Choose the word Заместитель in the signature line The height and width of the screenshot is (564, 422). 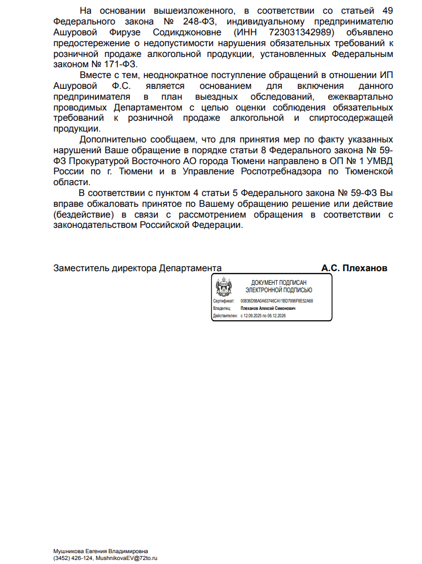pyautogui.click(x=81, y=268)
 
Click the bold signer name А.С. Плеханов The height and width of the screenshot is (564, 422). pyautogui.click(x=354, y=268)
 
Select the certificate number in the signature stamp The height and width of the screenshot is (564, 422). pyautogui.click(x=276, y=301)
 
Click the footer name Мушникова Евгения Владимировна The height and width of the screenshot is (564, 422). pyautogui.click(x=100, y=551)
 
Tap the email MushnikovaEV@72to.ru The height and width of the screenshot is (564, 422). pyautogui.click(x=126, y=558)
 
